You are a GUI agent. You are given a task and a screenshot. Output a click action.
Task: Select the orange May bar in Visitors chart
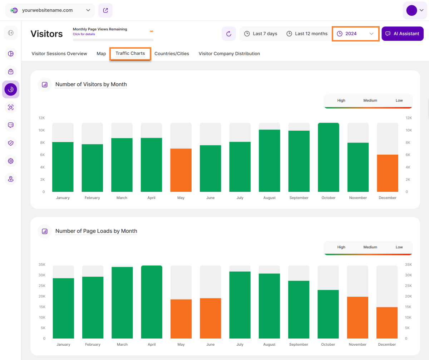click(181, 170)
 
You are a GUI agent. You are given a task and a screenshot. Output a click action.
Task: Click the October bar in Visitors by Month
click(329, 157)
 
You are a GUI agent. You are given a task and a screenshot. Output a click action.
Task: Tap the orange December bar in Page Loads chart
click(387, 322)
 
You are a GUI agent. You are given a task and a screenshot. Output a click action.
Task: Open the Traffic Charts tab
click(130, 54)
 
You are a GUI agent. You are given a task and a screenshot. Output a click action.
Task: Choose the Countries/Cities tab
click(172, 54)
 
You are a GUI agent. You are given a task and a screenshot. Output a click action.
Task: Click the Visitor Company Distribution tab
click(229, 54)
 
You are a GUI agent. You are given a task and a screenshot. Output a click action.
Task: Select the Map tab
click(101, 54)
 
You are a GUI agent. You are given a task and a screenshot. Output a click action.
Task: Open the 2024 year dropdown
click(355, 34)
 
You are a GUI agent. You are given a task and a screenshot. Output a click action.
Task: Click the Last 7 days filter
click(261, 34)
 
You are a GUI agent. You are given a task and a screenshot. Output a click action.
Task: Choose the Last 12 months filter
click(307, 34)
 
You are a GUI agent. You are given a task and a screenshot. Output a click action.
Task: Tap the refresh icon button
click(229, 34)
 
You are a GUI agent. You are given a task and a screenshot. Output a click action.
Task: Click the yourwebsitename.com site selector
click(50, 10)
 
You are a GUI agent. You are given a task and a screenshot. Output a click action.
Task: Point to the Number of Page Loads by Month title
click(96, 231)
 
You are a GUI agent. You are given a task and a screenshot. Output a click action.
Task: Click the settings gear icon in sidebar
click(11, 161)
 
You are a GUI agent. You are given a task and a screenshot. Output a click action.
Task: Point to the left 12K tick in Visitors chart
click(42, 118)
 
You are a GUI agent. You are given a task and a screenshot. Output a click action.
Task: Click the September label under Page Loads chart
click(299, 344)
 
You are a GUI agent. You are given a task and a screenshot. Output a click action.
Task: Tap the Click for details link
click(84, 34)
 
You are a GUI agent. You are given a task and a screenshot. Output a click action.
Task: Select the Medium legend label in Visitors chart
click(370, 101)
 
